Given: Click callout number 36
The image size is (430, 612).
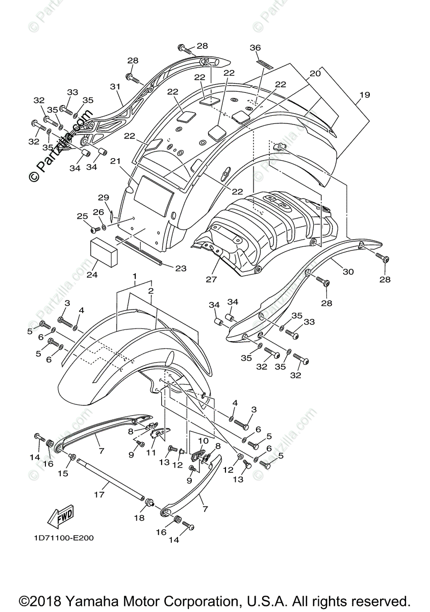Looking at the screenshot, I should [x=255, y=47].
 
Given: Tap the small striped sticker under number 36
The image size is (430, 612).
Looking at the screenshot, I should [x=264, y=64].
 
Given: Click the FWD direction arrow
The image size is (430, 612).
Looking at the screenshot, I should [x=60, y=517].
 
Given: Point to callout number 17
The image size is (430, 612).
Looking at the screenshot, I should [x=99, y=494].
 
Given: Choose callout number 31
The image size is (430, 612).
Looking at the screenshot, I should [x=115, y=87].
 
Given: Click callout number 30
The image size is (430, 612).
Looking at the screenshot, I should [x=348, y=272].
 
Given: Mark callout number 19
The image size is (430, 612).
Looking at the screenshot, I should [x=365, y=95].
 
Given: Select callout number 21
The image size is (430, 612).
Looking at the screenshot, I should [x=116, y=162].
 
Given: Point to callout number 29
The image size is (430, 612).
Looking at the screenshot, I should [x=104, y=197].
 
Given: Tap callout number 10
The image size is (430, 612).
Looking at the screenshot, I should [x=203, y=441].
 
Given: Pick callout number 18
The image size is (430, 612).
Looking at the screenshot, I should [x=139, y=518].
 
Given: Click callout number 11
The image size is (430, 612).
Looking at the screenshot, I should [x=151, y=452].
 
